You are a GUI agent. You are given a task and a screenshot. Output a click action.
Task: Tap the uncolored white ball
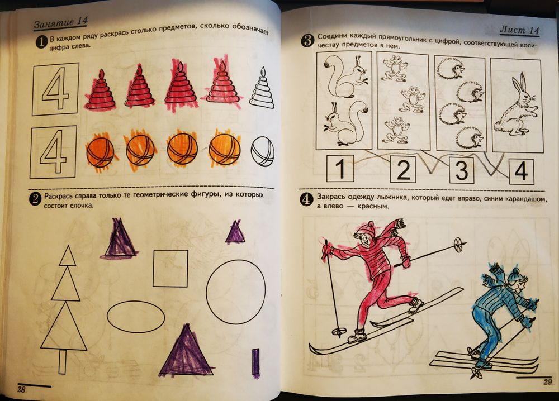[263, 151]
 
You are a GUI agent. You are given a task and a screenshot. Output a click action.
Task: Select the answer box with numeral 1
[340, 169]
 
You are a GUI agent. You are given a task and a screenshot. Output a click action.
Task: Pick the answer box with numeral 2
[403, 169]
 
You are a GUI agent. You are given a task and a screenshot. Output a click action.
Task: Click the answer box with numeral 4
[521, 171]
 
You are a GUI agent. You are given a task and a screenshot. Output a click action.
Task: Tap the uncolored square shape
[170, 268]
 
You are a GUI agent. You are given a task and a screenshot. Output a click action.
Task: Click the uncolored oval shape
[136, 317]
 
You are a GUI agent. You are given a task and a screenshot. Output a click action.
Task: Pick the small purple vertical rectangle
[255, 361]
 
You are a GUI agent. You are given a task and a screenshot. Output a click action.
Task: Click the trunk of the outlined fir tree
[63, 361]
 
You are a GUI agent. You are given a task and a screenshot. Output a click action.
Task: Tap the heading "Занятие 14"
[60, 22]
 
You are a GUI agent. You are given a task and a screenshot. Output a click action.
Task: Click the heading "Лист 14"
[519, 30]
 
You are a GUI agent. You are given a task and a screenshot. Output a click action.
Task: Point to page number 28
[21, 389]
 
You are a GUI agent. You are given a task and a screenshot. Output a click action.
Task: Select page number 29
[548, 382]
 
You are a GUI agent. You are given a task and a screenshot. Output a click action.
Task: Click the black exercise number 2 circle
[35, 199]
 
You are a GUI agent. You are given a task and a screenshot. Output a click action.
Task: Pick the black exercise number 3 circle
[307, 40]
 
